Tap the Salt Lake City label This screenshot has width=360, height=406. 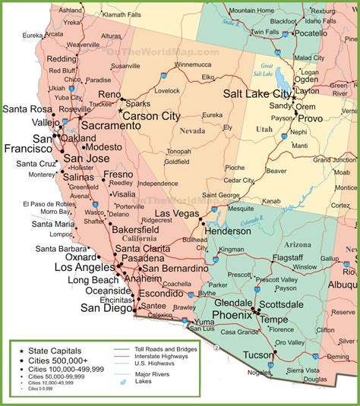[x=257, y=94]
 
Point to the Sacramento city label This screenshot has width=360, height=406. [x=103, y=124]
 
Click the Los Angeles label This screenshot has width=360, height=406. [x=84, y=268]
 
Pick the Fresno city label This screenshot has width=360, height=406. [x=118, y=175]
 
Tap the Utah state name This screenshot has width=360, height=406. [x=264, y=131]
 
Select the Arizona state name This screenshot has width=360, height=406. [x=295, y=244]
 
